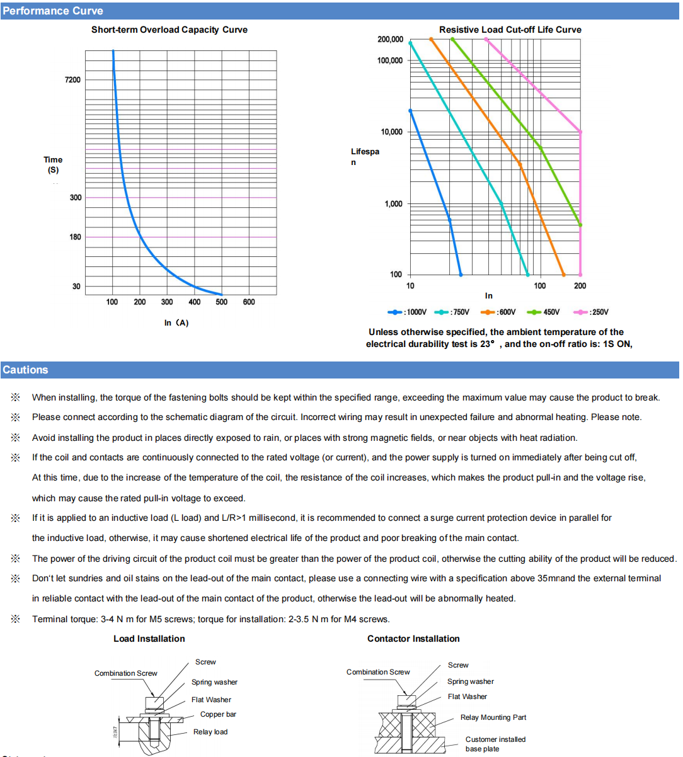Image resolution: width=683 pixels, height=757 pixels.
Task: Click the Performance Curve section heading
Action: (53, 11)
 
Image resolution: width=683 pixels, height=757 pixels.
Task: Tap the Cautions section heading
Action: (25, 370)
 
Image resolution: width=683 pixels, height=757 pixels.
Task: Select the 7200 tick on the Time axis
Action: (73, 80)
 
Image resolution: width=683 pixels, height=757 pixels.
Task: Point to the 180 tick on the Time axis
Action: (76, 237)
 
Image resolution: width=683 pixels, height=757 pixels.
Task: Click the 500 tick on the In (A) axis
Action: (222, 302)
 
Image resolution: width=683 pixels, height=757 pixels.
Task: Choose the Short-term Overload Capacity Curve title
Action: (169, 30)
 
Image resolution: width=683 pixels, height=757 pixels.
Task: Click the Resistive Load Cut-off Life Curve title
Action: (510, 30)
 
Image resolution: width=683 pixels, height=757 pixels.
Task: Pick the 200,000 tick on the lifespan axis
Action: (391, 40)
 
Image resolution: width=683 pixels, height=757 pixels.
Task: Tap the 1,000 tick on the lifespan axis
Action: (394, 204)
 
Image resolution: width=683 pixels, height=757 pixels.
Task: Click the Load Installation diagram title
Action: (149, 639)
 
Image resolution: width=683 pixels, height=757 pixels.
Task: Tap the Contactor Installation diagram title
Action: (414, 639)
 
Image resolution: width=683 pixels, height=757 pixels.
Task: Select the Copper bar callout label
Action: (218, 714)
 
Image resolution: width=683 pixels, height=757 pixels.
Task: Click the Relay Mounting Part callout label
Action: (493, 717)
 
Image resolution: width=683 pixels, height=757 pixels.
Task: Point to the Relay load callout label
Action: (210, 732)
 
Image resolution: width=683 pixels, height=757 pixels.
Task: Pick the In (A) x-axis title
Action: (176, 323)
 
